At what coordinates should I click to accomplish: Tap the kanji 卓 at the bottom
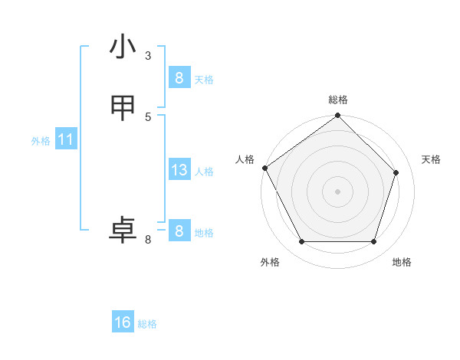123,231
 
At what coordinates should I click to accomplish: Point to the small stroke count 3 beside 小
148,55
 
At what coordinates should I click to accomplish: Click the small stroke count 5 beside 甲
148,116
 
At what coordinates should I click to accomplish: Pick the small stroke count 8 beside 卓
148,241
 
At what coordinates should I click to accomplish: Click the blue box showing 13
179,170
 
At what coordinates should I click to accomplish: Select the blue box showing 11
65,140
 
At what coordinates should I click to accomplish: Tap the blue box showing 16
123,322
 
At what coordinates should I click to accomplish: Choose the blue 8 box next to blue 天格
179,77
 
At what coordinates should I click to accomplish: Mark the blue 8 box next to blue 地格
179,231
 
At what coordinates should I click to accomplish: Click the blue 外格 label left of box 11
41,141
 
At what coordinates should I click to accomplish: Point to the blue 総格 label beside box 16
147,324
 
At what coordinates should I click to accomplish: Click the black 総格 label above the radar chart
338,100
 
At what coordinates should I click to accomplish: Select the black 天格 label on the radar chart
431,159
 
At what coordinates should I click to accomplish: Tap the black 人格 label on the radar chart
245,159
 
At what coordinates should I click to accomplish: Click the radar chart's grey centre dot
337,191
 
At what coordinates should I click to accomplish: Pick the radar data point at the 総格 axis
337,116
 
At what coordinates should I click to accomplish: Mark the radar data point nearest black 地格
373,242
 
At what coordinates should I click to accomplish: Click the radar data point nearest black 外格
301,242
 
